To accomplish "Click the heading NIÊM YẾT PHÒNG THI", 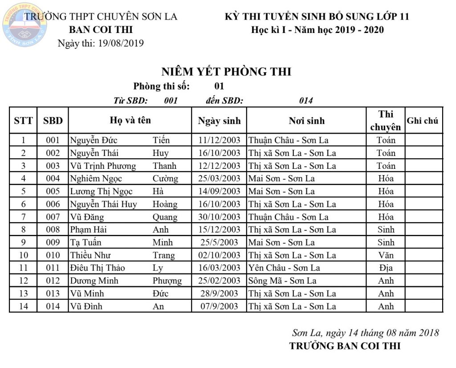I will [226, 72].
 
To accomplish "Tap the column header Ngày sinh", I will [219, 121].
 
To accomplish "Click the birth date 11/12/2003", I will [219, 141].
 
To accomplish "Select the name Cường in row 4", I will [165, 179].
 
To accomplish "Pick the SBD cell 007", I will [53, 217].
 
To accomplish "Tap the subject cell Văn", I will [386, 256].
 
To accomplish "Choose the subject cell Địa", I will [386, 268].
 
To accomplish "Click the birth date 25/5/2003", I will [219, 243].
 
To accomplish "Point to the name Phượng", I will [167, 281].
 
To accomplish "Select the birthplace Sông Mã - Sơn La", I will [282, 281].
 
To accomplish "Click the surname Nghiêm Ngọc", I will [96, 179].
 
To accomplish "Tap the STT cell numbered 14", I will [23, 307].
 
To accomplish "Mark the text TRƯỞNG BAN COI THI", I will [345, 346].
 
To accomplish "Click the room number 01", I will [219, 86].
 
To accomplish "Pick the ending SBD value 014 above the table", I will [306, 101].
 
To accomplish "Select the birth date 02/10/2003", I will [219, 256].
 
